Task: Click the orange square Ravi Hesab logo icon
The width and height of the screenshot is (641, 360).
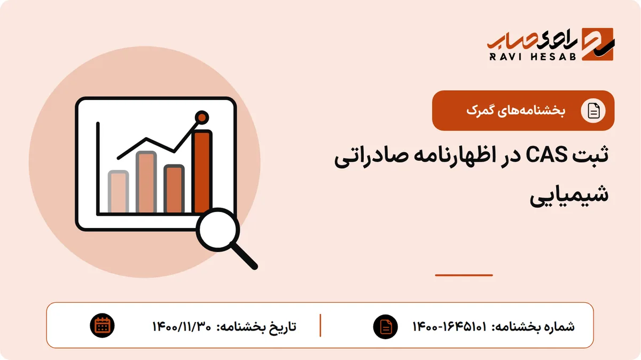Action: (x=598, y=44)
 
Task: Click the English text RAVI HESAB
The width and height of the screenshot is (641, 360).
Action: (x=532, y=57)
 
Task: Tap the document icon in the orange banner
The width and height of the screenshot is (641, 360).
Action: (x=593, y=111)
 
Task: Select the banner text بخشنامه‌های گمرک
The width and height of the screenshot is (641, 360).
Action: (x=516, y=111)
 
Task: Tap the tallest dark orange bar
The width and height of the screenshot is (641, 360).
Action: (x=202, y=171)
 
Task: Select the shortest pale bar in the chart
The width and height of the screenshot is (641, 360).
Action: (x=118, y=192)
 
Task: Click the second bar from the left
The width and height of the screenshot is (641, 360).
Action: (x=146, y=182)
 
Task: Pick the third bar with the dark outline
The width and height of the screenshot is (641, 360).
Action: (x=174, y=189)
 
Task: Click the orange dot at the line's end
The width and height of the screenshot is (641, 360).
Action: (x=202, y=118)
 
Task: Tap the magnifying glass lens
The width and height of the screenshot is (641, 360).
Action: (x=218, y=230)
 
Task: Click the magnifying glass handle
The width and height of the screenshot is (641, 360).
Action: (x=244, y=255)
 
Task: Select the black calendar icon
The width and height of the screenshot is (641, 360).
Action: (x=102, y=326)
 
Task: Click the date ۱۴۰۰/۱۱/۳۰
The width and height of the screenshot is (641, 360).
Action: (x=182, y=326)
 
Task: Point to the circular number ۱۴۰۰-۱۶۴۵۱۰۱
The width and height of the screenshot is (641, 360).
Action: (x=450, y=326)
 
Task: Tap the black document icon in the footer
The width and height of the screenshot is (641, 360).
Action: (x=386, y=326)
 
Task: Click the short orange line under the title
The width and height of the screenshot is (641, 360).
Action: (x=464, y=275)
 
